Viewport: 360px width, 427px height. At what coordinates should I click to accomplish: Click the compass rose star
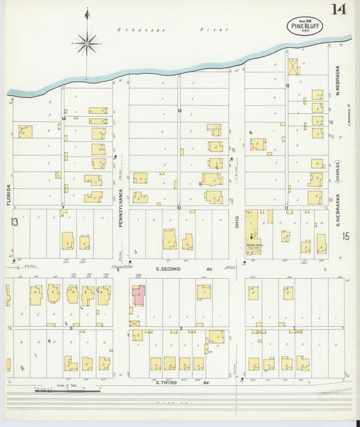pyautogui.click(x=86, y=44)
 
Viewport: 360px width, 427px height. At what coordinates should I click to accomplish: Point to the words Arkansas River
pyautogui.click(x=173, y=30)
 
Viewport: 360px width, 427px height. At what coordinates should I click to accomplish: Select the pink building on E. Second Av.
pyautogui.click(x=138, y=295)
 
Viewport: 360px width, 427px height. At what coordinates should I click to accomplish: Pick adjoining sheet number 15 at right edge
pyautogui.click(x=345, y=236)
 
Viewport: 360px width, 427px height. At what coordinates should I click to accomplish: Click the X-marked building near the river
pyautogui.click(x=293, y=67)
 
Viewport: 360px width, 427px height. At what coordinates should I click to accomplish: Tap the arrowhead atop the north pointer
pyautogui.click(x=86, y=12)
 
